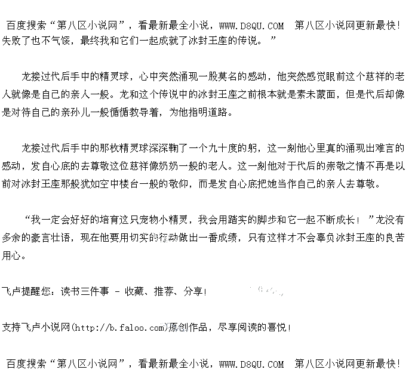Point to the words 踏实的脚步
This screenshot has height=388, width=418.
tap(248, 220)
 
